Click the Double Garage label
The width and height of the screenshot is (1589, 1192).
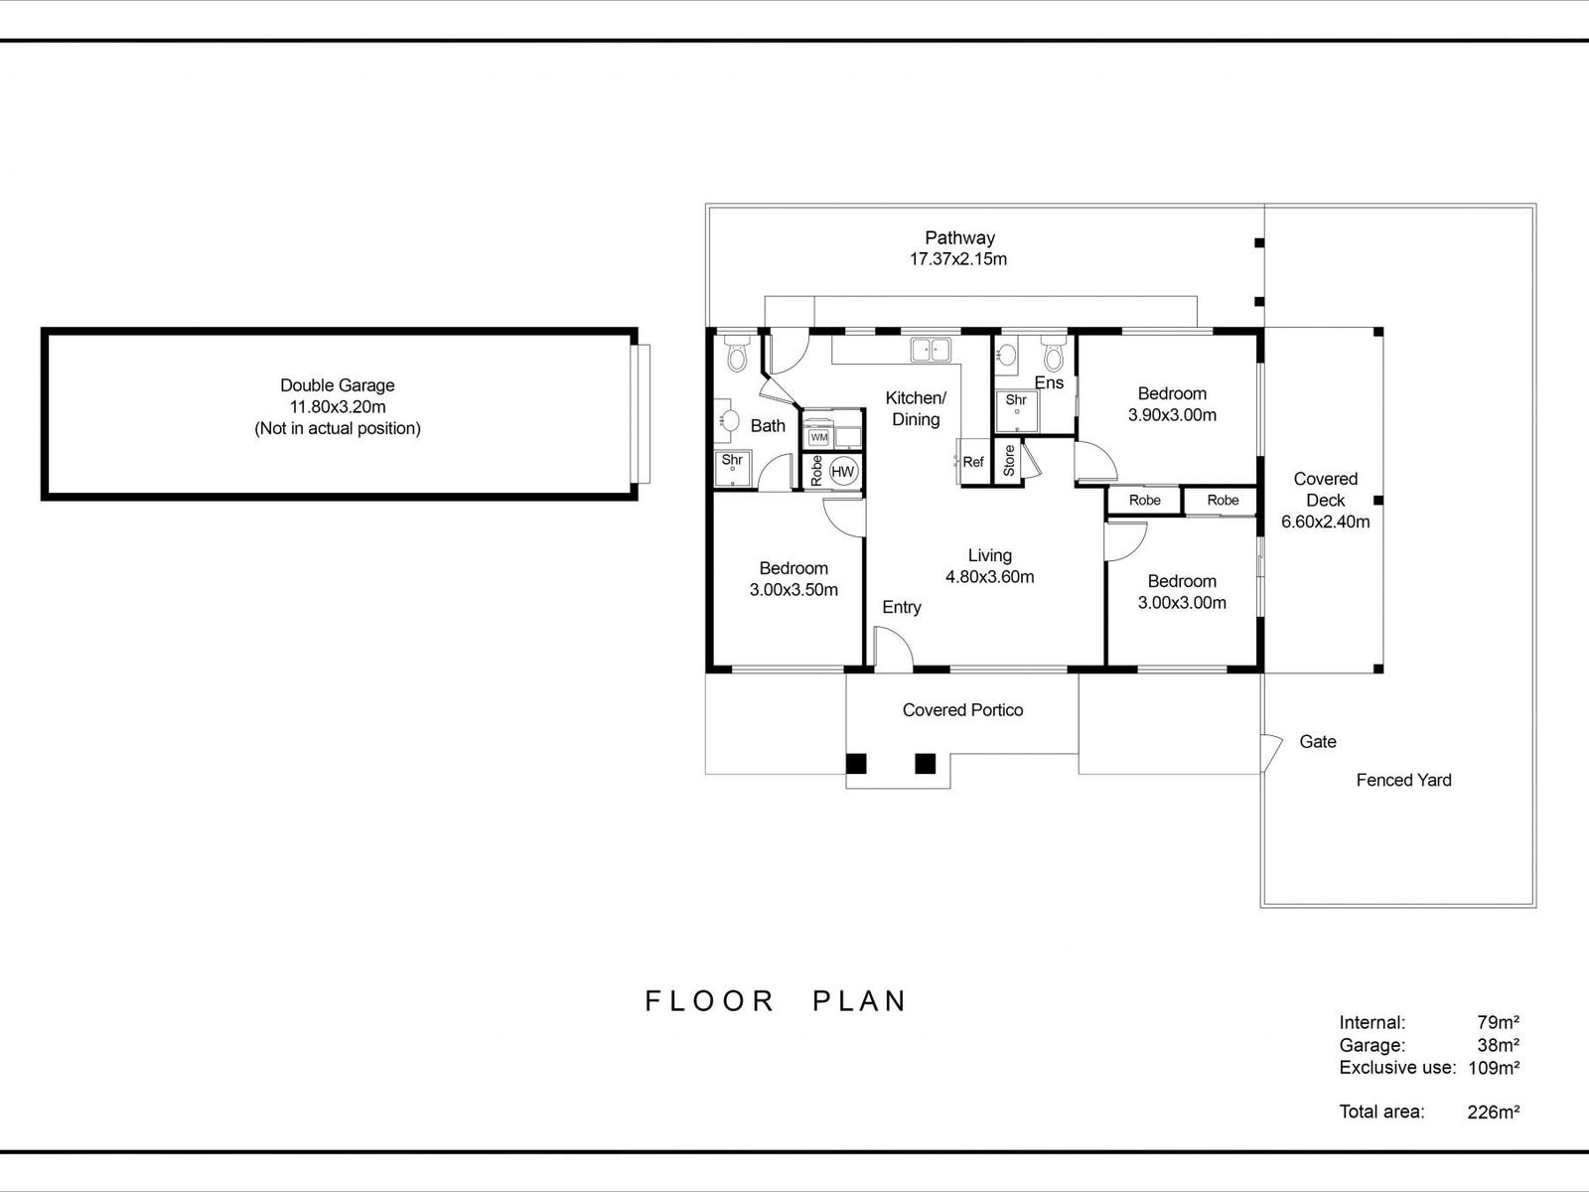(338, 385)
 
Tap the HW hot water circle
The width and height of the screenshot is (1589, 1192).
(843, 472)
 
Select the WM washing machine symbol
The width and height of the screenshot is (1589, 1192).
(819, 437)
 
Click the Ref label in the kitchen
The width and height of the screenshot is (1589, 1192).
(973, 462)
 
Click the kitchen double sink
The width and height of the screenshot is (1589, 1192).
(931, 349)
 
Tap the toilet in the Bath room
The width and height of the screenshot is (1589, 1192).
(737, 354)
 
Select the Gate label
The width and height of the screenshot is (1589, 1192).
(1318, 742)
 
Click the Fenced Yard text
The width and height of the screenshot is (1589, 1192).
(1403, 781)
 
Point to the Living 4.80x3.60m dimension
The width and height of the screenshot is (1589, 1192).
(990, 577)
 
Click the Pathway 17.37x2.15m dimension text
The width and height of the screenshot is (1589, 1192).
(958, 259)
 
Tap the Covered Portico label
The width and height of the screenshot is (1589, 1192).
(962, 710)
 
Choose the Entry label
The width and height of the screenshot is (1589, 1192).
(902, 607)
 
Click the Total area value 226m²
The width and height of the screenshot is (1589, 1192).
(1493, 1113)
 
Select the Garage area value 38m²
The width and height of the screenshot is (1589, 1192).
(1498, 1045)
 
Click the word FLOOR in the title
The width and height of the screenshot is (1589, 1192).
(709, 1000)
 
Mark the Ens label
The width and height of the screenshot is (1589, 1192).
(1049, 382)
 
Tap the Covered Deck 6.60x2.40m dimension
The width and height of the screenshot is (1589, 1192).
(1325, 522)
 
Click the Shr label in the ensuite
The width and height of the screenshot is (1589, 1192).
(1016, 400)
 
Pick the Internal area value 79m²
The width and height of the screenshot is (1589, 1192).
(1498, 1022)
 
